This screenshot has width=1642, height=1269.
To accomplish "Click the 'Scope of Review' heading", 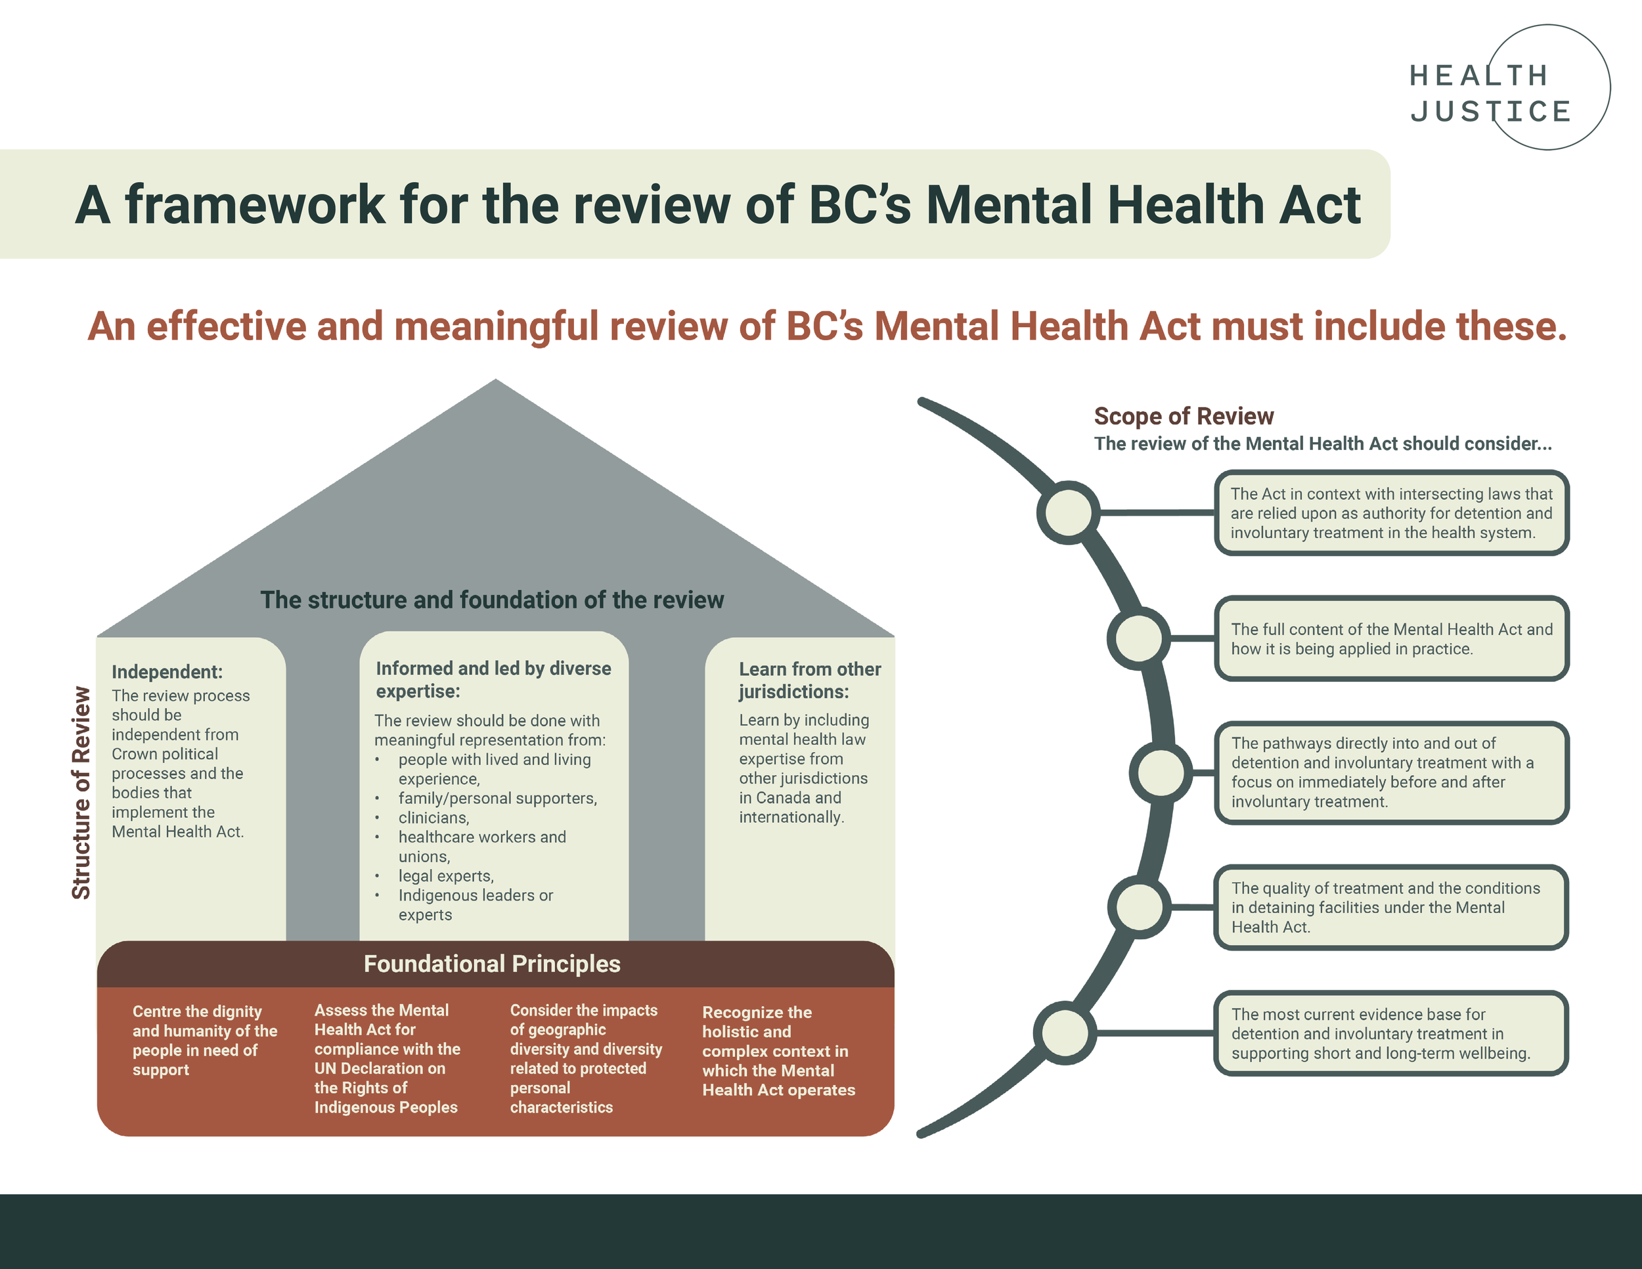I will [x=1184, y=416].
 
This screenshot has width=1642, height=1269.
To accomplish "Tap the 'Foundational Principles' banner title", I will [x=492, y=964].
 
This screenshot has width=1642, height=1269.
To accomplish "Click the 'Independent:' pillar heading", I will [x=167, y=671].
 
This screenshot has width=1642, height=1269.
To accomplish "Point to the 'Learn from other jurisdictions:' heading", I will [x=809, y=680].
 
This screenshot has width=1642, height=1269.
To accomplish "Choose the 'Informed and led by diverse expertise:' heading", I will [x=493, y=679].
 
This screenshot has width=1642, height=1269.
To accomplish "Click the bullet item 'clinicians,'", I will [x=433, y=817].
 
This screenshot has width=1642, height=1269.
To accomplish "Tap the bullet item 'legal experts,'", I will [x=446, y=876].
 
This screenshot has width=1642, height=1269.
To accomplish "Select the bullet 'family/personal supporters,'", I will [x=498, y=797].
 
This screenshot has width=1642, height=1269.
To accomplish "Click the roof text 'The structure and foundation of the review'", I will [x=492, y=600].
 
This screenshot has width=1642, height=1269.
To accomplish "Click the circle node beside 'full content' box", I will [x=1138, y=638].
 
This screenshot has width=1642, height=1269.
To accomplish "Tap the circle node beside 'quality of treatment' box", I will [x=1140, y=906].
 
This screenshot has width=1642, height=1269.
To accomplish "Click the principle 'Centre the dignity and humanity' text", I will [x=204, y=1040].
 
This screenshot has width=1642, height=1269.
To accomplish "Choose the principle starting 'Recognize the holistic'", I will [x=778, y=1051].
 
